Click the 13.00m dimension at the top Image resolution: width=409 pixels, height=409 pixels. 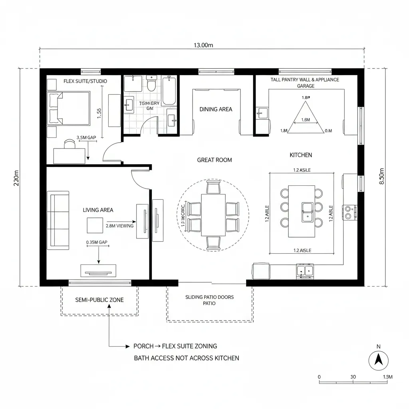(x=203, y=45)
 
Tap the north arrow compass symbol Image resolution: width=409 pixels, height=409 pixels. (x=378, y=361)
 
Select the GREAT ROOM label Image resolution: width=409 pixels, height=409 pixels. (x=214, y=160)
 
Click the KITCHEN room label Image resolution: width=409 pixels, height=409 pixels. (x=301, y=155)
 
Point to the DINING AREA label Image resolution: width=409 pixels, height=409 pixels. (x=216, y=109)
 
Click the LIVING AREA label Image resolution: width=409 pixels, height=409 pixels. (x=98, y=210)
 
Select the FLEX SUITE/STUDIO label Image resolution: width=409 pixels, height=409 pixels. (x=85, y=81)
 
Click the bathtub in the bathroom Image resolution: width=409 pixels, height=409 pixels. (x=169, y=91)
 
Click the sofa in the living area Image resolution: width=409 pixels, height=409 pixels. (x=58, y=220)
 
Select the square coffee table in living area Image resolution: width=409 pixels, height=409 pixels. (x=95, y=225)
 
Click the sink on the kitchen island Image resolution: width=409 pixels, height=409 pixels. (x=307, y=212)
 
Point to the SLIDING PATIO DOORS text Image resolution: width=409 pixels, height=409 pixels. (x=210, y=297)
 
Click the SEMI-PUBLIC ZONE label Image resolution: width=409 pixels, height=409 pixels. (x=99, y=300)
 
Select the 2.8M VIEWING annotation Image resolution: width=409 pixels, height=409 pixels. (x=119, y=226)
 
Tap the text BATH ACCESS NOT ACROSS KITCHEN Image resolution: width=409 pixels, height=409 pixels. (x=186, y=358)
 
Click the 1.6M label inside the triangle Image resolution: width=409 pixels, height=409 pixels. (x=305, y=120)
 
